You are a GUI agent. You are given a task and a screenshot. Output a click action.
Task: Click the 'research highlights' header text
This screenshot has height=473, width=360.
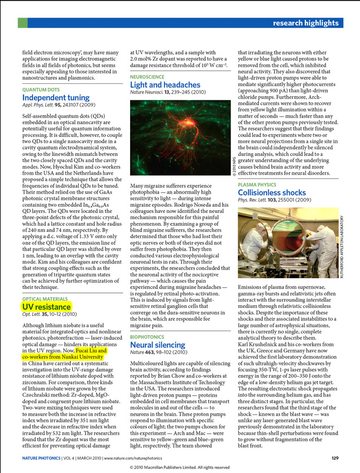point(305,23)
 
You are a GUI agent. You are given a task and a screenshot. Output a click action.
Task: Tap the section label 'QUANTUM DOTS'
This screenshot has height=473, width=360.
point(41,90)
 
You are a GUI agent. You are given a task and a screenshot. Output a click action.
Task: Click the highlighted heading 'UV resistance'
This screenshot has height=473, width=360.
point(46,307)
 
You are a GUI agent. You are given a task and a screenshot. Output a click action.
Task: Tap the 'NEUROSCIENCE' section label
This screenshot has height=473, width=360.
point(148,77)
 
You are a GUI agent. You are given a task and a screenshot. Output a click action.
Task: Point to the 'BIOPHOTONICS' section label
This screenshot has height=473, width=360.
point(147,337)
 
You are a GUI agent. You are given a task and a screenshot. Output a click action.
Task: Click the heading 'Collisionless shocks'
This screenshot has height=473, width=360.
point(272,193)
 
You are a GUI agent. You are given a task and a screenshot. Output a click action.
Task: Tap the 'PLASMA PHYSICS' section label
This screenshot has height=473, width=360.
point(257,185)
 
